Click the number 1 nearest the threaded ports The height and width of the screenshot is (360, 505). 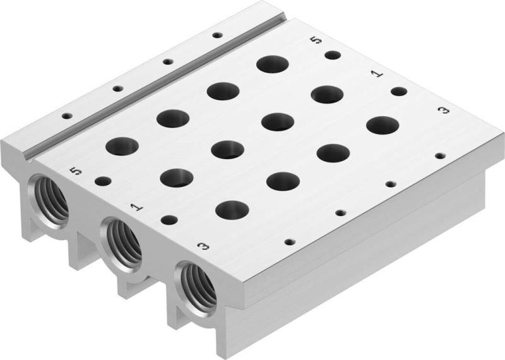click(135, 207)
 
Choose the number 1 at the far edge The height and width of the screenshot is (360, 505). click(377, 74)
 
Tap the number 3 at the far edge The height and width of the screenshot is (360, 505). click(444, 111)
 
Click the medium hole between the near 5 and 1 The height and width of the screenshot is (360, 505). click(103, 181)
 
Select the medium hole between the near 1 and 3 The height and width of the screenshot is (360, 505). click(169, 220)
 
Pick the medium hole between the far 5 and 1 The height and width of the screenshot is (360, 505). click(333, 55)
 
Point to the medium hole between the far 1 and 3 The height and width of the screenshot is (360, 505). click(398, 92)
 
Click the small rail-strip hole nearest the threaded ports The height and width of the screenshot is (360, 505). click(66, 116)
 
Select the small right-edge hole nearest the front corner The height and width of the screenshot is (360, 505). click(290, 242)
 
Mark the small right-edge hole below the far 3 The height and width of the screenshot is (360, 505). click(439, 155)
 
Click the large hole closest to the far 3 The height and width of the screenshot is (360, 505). click(382, 125)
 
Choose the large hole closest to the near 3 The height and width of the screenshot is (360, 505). click(232, 209)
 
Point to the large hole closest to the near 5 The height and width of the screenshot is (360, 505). click(122, 147)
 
